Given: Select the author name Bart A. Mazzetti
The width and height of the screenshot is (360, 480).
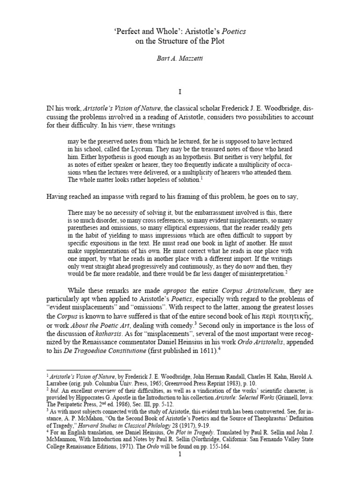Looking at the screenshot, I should click(x=180, y=60).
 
